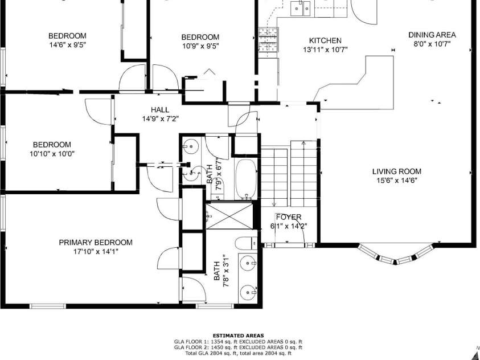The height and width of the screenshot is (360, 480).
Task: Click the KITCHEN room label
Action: click(325, 40)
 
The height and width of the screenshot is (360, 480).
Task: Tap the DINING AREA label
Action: click(432, 35)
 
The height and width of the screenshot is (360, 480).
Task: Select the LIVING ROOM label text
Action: click(397, 171)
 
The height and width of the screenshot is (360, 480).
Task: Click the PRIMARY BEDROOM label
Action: click(96, 242)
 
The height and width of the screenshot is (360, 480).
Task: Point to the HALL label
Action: click(159, 110)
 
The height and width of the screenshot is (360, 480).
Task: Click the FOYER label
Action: click(288, 217)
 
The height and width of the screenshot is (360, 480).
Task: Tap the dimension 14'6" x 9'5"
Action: click(67, 44)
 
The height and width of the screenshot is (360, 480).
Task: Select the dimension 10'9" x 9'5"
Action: click(200, 46)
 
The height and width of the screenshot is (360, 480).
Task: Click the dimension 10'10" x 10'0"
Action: click(52, 153)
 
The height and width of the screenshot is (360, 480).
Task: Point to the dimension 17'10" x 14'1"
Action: click(96, 251)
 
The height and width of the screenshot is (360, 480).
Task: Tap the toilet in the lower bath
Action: click(244, 243)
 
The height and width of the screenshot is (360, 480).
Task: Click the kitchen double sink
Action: click(299, 7)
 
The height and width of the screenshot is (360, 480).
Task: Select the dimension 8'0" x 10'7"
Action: click(432, 44)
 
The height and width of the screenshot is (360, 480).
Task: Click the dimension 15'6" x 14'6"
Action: click(397, 181)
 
